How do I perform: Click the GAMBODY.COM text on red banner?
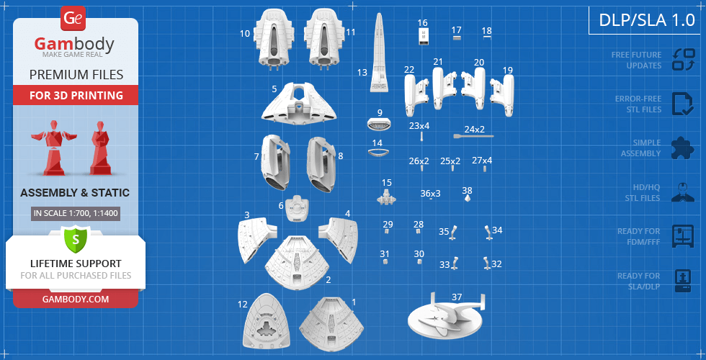(76, 299)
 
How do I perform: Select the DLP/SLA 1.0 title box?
(647, 20)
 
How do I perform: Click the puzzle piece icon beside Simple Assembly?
(683, 147)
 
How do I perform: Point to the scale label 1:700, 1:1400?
(76, 213)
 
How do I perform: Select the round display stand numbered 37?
(446, 318)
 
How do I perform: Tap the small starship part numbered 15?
(386, 197)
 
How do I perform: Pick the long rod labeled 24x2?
(473, 136)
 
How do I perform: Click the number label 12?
(243, 305)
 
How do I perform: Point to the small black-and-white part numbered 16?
(424, 36)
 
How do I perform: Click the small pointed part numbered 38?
(468, 198)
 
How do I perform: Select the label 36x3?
(431, 194)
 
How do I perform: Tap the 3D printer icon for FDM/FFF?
(684, 236)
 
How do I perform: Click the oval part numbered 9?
(380, 124)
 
